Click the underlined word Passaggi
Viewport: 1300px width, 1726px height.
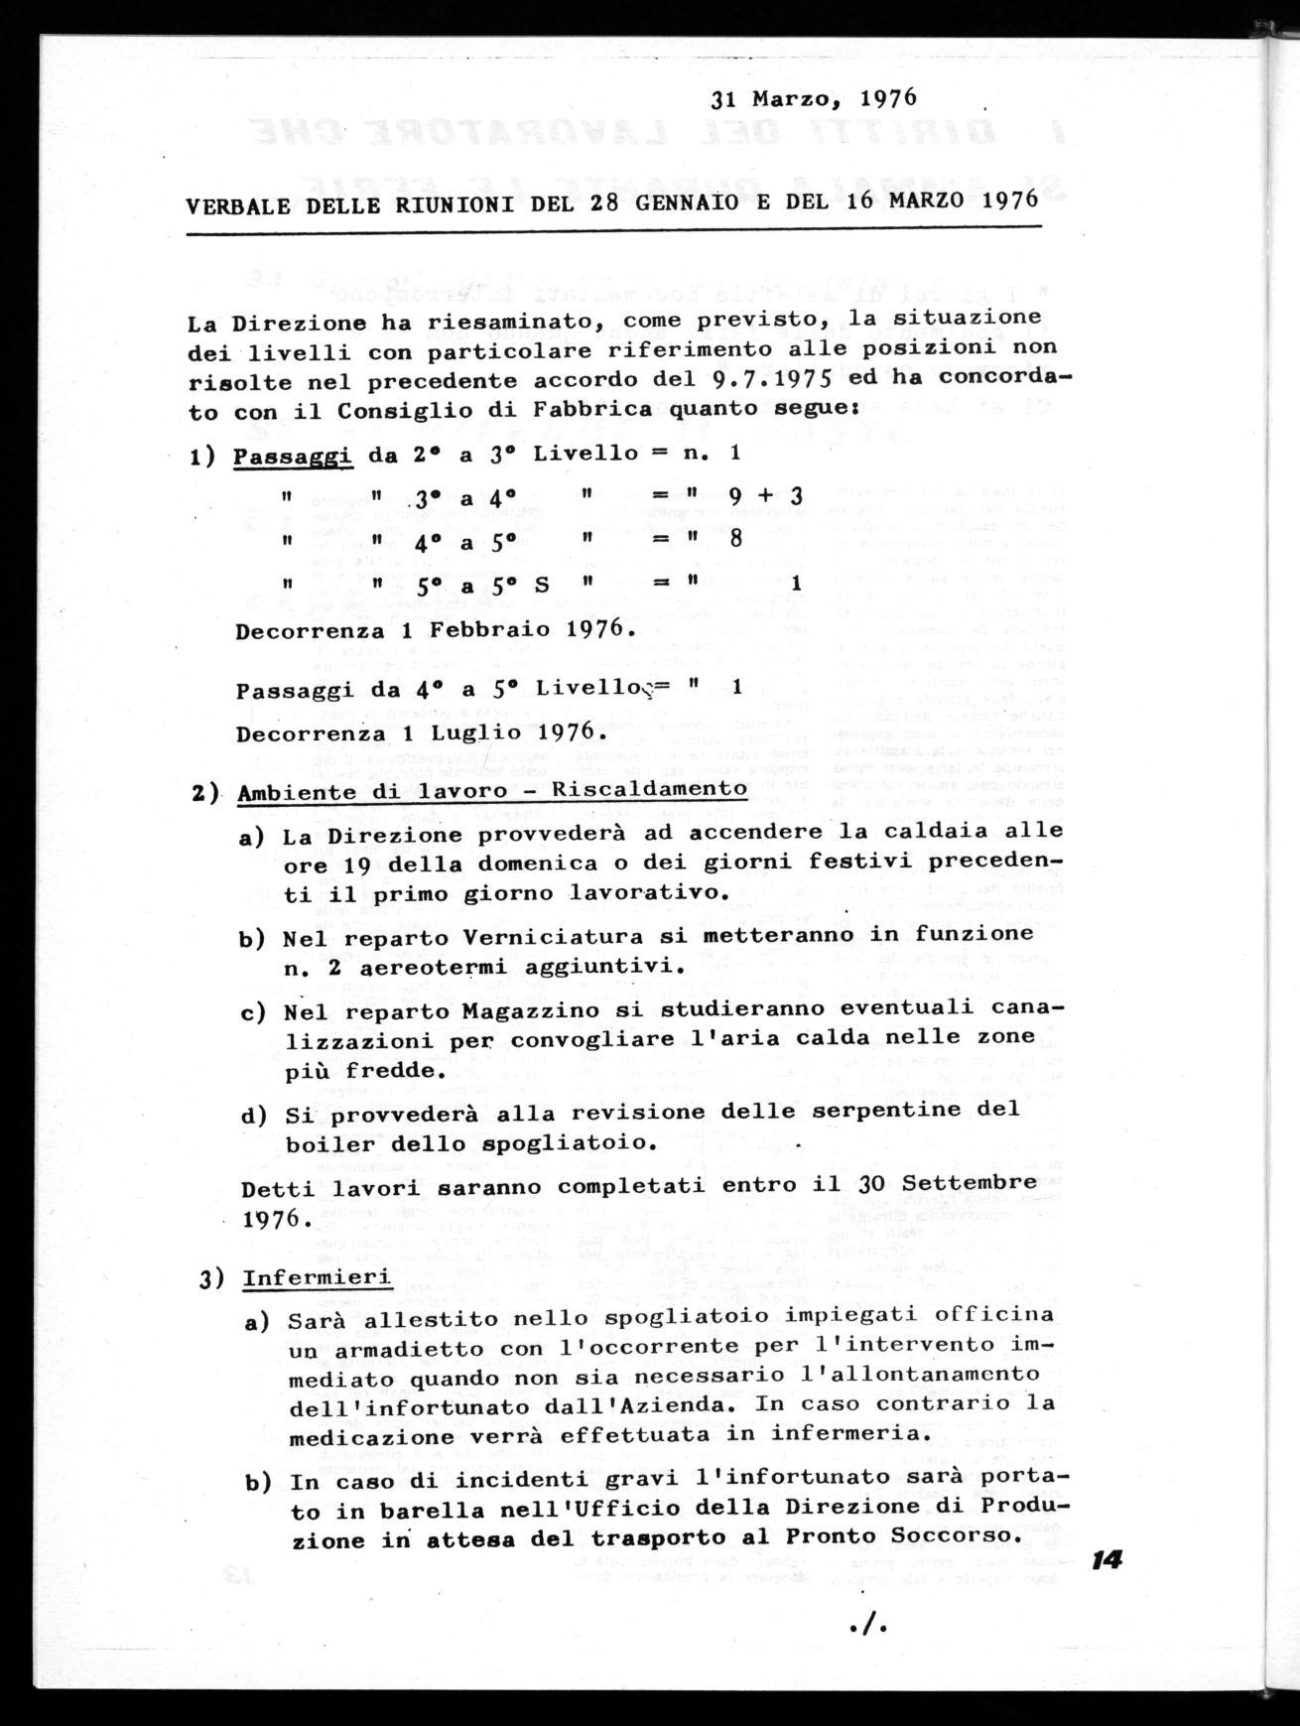[x=293, y=456]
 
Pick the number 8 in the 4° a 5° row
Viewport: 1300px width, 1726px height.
[x=735, y=540]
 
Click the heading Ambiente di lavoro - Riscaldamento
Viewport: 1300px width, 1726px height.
[x=492, y=791]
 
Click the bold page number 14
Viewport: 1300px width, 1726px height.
[x=1106, y=1558]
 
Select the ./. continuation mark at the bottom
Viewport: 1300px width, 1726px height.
[x=866, y=1625]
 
